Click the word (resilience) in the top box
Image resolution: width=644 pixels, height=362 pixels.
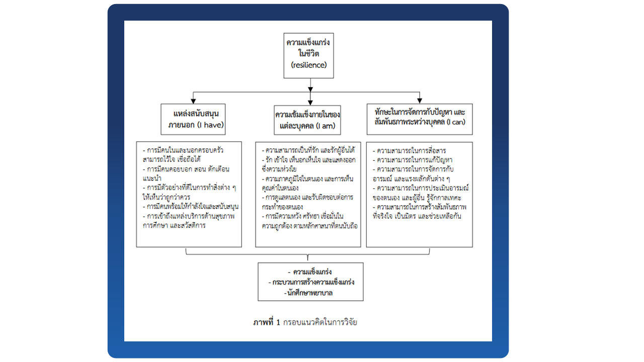[x=308, y=65]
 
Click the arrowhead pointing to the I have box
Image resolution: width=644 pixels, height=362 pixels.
[x=193, y=100]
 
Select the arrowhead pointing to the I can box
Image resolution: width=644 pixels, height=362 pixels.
[x=419, y=100]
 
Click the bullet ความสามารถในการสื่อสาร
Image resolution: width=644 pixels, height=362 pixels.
[x=412, y=151]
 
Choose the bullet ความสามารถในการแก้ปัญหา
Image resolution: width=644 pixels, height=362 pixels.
[x=414, y=160]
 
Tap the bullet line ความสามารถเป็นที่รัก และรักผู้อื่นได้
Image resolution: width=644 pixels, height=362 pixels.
[x=308, y=150]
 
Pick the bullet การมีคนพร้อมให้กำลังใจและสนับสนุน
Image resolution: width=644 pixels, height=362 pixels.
[x=190, y=207]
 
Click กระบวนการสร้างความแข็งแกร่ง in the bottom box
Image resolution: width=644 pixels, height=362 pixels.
[x=310, y=282]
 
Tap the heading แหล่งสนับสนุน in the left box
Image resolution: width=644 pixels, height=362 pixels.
[x=193, y=114]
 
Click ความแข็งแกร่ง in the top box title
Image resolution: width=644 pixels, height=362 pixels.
[x=308, y=43]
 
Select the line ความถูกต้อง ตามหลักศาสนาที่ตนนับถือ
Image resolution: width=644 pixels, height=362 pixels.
[x=309, y=226]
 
